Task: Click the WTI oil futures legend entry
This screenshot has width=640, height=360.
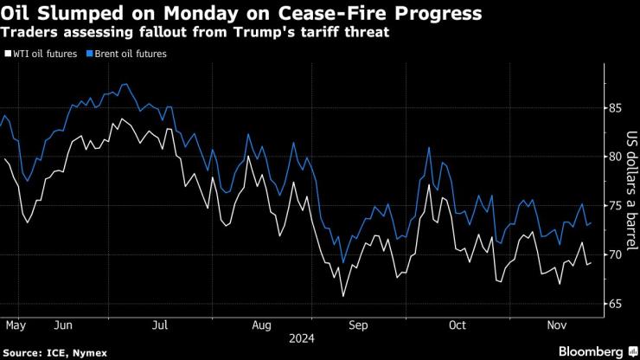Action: [x=43, y=54]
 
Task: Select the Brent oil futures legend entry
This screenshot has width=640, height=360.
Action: [x=127, y=54]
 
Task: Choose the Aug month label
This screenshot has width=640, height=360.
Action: [x=263, y=325]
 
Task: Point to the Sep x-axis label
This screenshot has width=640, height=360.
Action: [x=359, y=325]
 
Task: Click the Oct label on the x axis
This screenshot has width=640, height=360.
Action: [x=457, y=325]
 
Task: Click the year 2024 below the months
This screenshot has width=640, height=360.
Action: [x=303, y=338]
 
